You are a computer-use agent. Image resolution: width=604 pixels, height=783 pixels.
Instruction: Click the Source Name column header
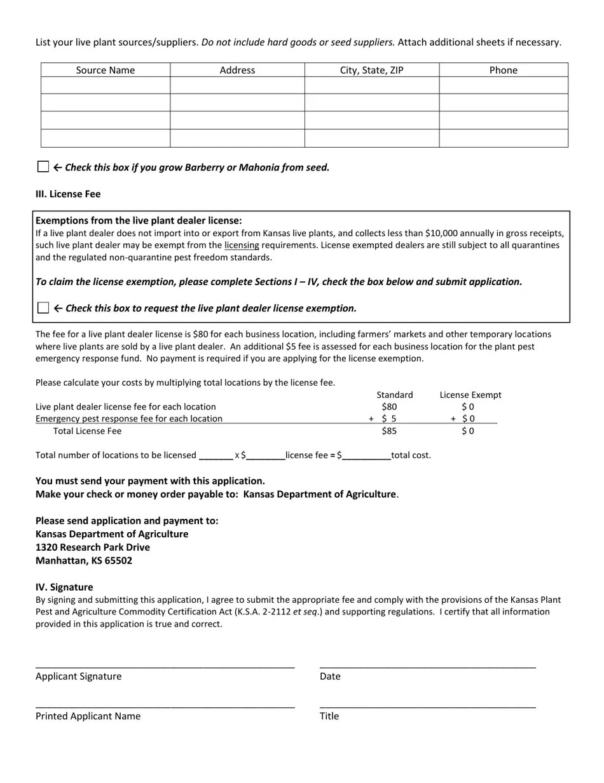[106, 70]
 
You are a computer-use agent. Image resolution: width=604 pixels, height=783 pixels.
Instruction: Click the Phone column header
[503, 70]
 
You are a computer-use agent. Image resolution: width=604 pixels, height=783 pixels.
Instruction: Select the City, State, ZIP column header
[371, 70]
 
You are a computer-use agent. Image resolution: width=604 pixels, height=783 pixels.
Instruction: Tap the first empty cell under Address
[237, 85]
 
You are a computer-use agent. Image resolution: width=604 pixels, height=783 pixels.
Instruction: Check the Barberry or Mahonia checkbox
[43, 167]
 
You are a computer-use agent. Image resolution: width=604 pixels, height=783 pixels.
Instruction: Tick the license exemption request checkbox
[43, 308]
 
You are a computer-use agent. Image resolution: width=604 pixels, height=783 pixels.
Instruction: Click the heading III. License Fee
[68, 194]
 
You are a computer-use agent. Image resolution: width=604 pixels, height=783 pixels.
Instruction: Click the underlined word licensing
[241, 245]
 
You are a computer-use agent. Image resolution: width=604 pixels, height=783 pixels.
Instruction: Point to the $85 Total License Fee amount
[388, 431]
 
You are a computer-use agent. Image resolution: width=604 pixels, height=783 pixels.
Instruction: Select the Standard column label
[394, 395]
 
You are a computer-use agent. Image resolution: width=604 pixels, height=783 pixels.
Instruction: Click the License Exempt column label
[470, 395]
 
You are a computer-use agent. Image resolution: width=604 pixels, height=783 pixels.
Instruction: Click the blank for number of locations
[216, 456]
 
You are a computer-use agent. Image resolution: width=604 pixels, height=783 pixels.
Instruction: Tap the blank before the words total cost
[366, 456]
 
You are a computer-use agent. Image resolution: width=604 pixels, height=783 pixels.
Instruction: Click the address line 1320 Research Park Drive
[93, 547]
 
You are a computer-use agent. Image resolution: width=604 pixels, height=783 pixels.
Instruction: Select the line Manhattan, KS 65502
[84, 560]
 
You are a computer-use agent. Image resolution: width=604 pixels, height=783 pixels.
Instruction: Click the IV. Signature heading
[64, 587]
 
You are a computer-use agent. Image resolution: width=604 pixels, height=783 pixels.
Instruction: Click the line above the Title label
[427, 706]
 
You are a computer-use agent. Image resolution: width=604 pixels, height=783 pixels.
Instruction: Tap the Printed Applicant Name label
[88, 716]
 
